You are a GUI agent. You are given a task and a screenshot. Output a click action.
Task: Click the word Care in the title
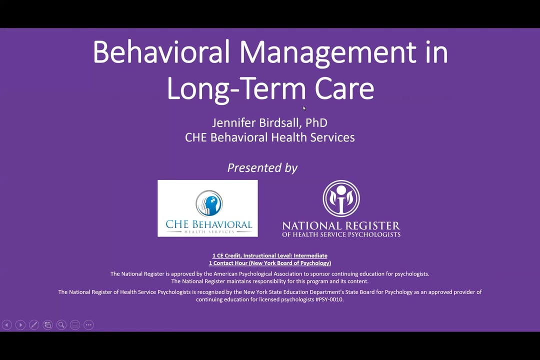tap(344, 88)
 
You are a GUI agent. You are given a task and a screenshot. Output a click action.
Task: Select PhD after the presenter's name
tap(316, 122)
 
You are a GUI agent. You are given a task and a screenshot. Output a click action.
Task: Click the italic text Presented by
tap(262, 168)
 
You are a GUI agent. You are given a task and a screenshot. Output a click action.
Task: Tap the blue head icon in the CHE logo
tap(209, 203)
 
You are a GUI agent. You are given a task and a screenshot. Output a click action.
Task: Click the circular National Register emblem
tap(341, 199)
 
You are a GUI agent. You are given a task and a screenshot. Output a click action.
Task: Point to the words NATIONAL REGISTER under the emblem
tap(341, 226)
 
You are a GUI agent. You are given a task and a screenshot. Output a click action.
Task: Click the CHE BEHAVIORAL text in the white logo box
tap(208, 224)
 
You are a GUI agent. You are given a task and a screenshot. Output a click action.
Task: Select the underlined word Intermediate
tap(310, 255)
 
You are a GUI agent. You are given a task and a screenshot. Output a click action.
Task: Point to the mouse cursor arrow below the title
tap(304, 108)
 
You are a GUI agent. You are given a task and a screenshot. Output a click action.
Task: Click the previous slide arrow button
tap(7, 325)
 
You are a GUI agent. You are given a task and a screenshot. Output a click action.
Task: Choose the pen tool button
tap(34, 325)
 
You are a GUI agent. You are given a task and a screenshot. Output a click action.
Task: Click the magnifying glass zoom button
tap(61, 325)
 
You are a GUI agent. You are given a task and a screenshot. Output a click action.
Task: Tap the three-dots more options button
tap(88, 325)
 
